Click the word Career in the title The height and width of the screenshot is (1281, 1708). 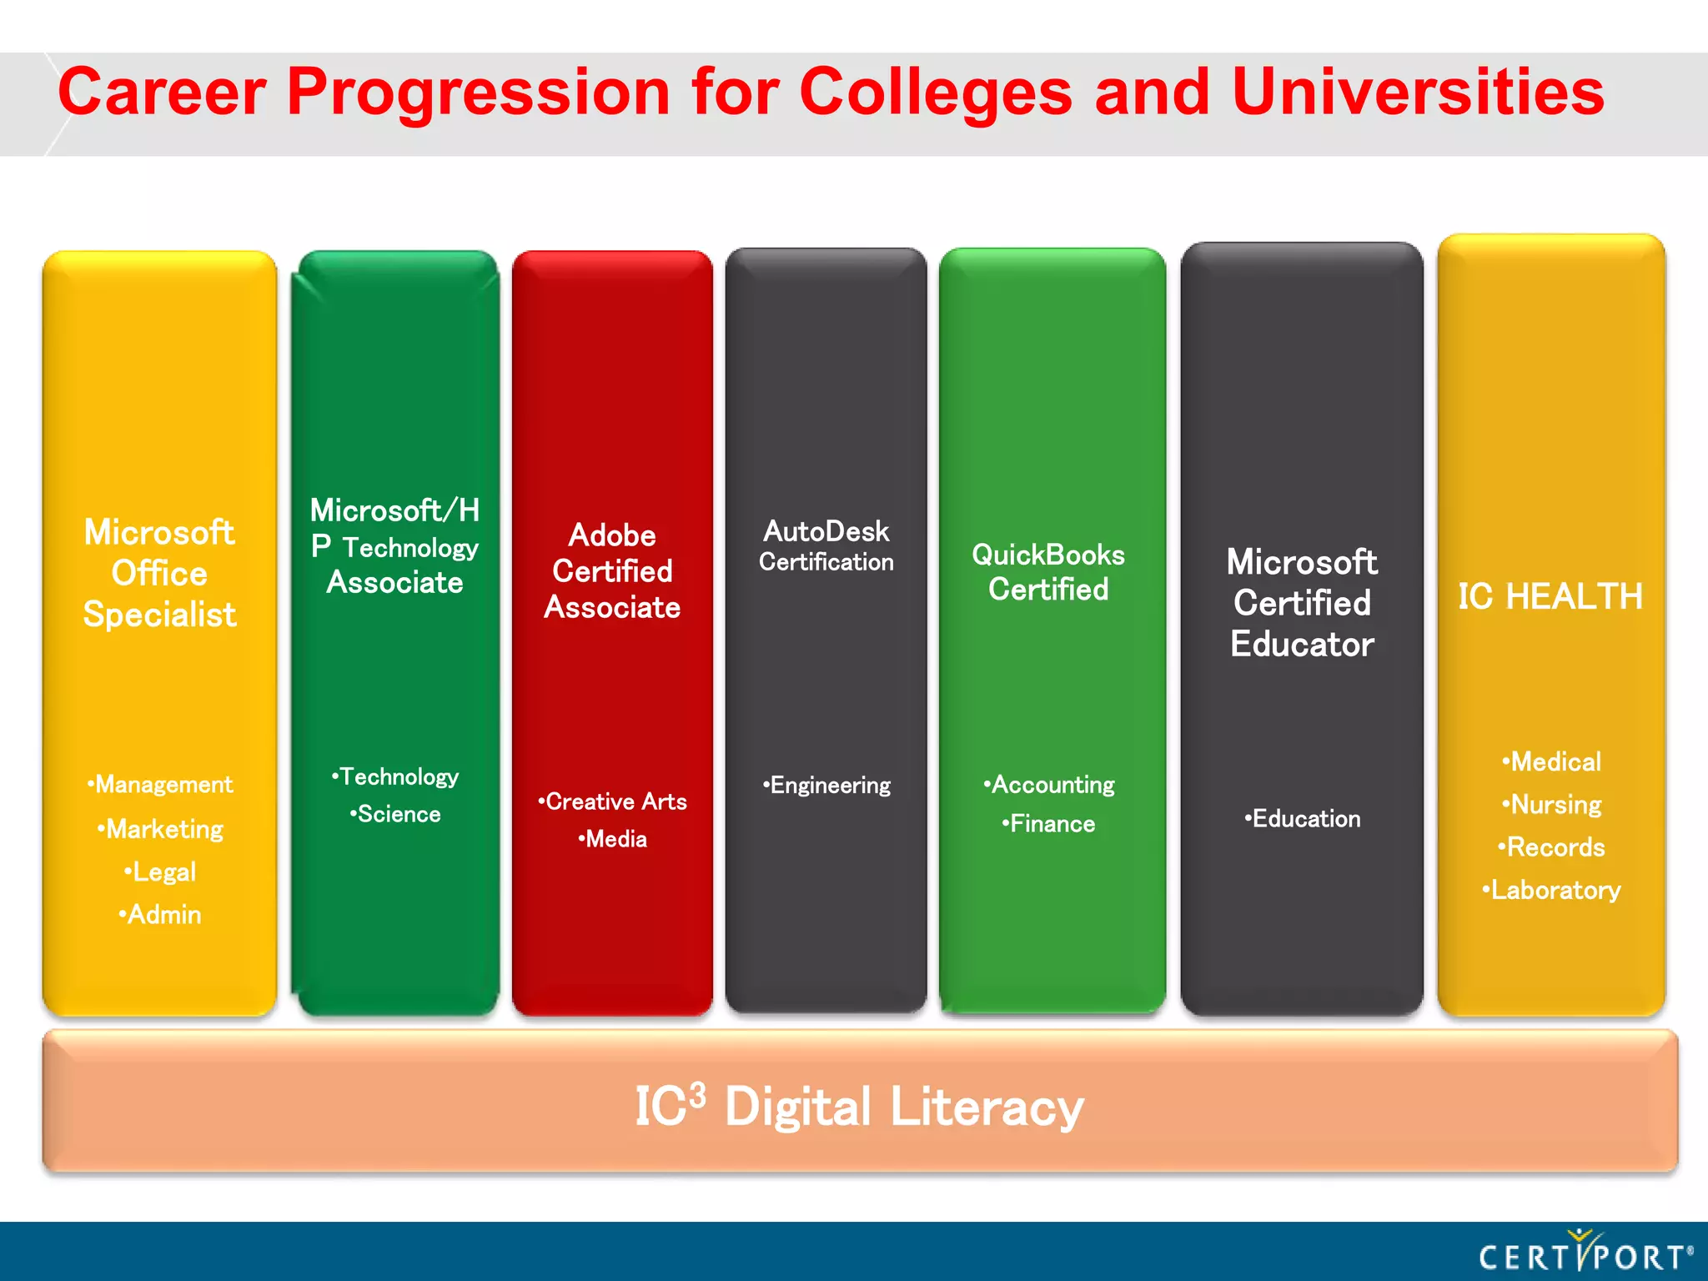point(162,92)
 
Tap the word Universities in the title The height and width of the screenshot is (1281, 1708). point(1418,92)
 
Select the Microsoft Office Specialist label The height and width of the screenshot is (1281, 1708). point(159,574)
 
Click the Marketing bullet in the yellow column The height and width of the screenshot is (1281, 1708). point(161,829)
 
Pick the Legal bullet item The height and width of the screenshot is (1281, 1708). point(161,872)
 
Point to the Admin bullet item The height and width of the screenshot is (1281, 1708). point(161,915)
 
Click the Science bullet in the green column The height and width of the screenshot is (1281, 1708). point(396,814)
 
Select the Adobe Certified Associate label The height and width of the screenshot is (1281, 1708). point(612,571)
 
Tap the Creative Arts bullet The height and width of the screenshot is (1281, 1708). point(613,801)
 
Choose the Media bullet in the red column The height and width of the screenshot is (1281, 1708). point(613,839)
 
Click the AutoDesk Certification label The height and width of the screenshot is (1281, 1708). point(826,546)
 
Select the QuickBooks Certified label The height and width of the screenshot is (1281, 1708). point(1048,572)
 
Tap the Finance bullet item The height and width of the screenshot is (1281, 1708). point(1049,824)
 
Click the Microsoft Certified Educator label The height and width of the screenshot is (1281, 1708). point(1302,603)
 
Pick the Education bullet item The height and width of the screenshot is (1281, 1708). point(1303,819)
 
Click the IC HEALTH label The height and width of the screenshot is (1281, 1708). point(1550,597)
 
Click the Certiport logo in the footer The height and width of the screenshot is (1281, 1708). point(1585,1253)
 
